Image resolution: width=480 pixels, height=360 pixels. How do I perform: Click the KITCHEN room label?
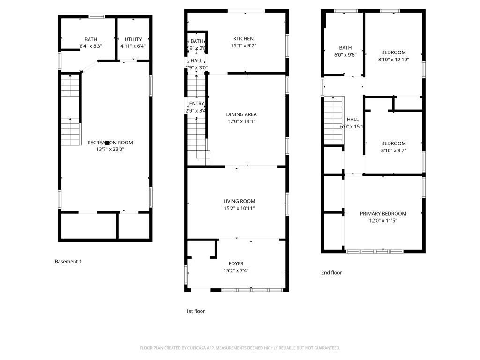[243, 39]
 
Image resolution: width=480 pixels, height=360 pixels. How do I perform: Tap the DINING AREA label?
[241, 114]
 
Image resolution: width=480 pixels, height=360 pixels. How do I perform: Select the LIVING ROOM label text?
[239, 202]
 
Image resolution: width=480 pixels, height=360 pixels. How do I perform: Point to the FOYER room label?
[236, 263]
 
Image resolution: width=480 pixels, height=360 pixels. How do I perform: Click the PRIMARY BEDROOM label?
[383, 214]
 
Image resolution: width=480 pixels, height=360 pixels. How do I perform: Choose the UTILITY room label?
[133, 39]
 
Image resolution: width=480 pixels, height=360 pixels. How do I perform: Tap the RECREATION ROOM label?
[110, 142]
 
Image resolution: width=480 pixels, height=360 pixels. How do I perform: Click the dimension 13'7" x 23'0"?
[110, 150]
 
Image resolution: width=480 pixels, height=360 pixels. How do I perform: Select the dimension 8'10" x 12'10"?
[393, 60]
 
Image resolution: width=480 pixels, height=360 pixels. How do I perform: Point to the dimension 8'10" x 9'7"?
[393, 150]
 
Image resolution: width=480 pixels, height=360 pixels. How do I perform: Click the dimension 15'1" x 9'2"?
[243, 46]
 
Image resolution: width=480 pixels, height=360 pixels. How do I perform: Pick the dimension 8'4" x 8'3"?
[90, 46]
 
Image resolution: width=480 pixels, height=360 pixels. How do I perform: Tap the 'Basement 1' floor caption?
[68, 262]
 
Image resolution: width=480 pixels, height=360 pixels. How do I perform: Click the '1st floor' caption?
[195, 311]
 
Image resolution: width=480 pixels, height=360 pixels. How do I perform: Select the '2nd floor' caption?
[332, 273]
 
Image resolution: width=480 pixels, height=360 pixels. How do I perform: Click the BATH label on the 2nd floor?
[345, 48]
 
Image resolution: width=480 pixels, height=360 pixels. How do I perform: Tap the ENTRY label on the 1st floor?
[196, 104]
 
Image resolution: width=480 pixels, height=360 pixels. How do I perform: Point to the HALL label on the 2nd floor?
[352, 120]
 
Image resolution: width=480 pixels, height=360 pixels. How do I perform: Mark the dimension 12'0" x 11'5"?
[383, 221]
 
